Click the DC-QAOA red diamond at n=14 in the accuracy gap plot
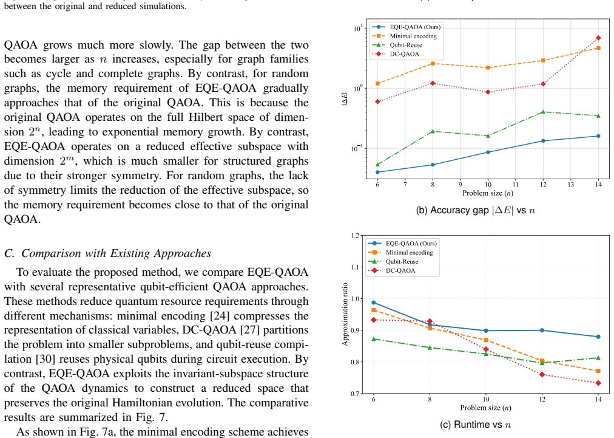pyautogui.click(x=598, y=38)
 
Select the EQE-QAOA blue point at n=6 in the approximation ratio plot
pyautogui.click(x=374, y=303)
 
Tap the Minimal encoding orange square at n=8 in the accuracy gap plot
pyautogui.click(x=433, y=64)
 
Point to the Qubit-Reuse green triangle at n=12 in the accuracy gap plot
pyautogui.click(x=543, y=112)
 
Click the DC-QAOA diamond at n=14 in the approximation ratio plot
pyautogui.click(x=598, y=383)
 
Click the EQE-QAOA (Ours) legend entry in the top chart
pyautogui.click(x=406, y=27)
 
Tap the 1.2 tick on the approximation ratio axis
pyautogui.click(x=355, y=235)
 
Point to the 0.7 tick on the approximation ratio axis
pyautogui.click(x=355, y=394)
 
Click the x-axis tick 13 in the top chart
pyautogui.click(x=570, y=184)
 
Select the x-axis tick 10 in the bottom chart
pyautogui.click(x=486, y=399)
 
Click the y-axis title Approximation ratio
pyautogui.click(x=345, y=314)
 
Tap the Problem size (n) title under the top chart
pyautogui.click(x=488, y=193)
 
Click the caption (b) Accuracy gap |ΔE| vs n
pyautogui.click(x=476, y=210)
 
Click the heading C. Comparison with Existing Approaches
pyautogui.click(x=107, y=253)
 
